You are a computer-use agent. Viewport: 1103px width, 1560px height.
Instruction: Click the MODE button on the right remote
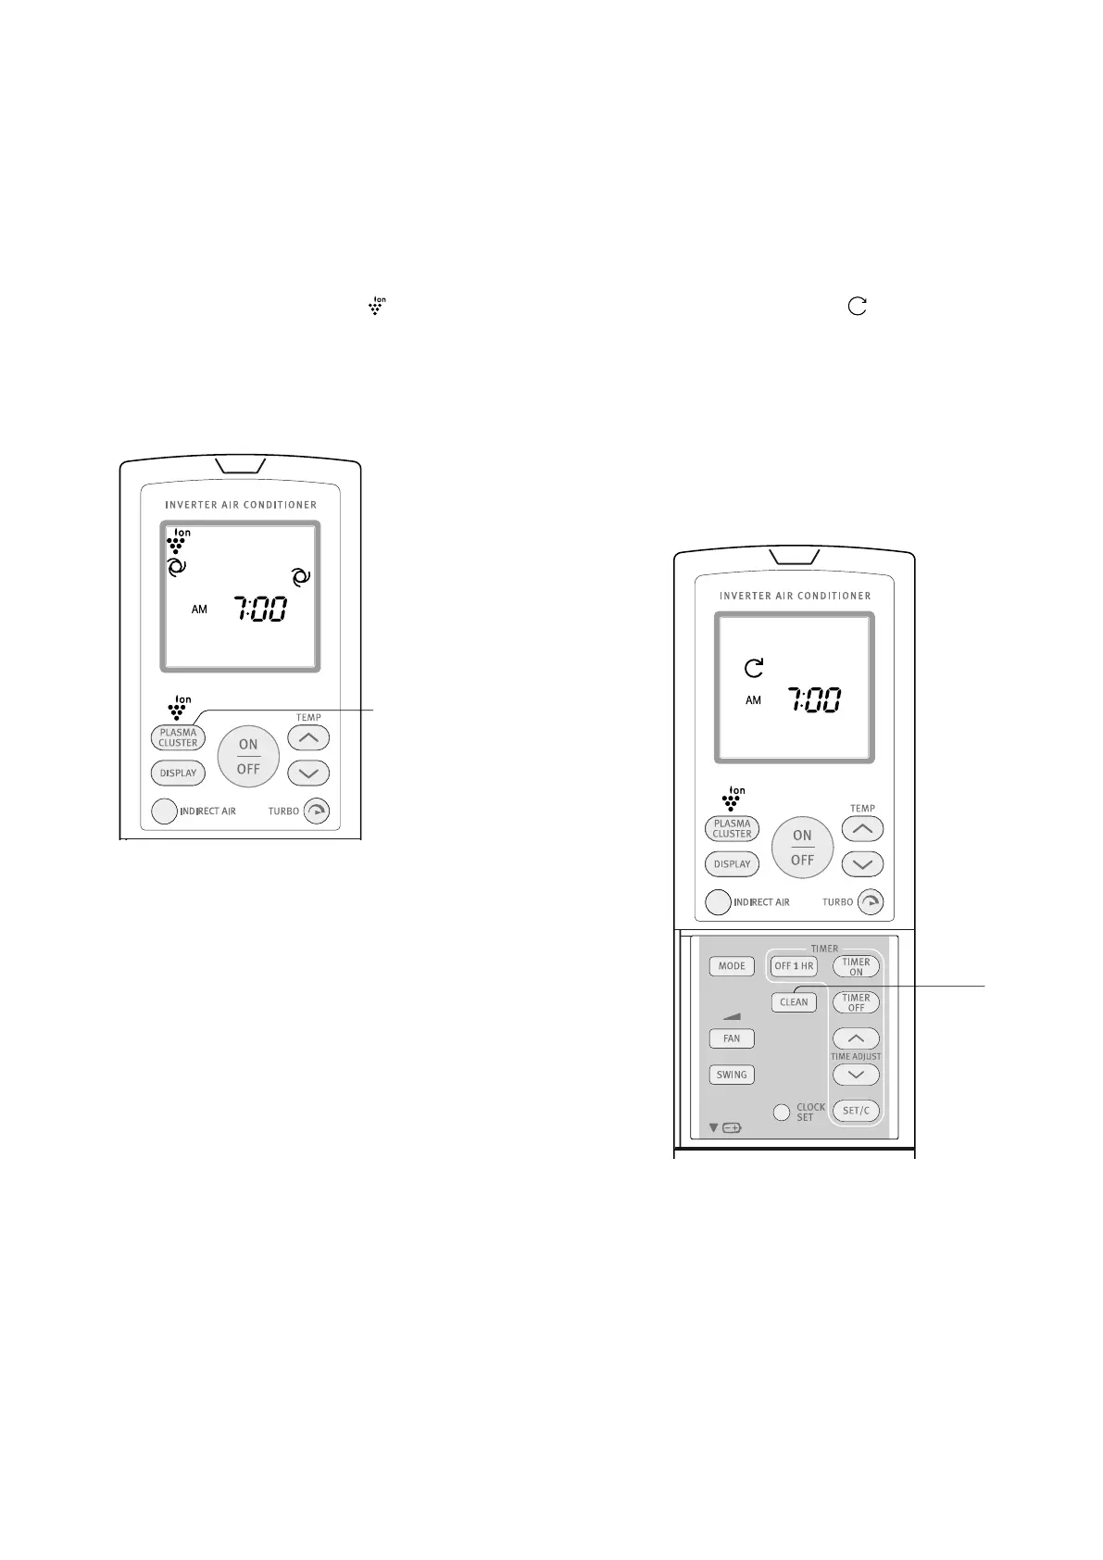point(732,966)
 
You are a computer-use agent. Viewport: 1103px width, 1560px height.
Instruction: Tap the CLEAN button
point(794,1002)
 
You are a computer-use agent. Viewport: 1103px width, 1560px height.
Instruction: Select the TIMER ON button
point(856,967)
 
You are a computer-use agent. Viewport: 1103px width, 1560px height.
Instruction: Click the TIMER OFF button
point(856,1003)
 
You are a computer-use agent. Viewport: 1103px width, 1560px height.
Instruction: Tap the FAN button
point(732,1038)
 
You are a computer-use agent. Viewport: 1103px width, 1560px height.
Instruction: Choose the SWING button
point(732,1075)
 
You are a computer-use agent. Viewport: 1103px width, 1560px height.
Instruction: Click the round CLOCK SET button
point(782,1112)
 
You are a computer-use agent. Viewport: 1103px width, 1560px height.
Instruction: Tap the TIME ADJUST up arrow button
point(856,1038)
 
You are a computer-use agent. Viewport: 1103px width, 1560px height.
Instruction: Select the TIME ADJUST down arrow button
point(856,1075)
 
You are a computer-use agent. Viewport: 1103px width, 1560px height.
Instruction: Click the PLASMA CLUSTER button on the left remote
point(178,737)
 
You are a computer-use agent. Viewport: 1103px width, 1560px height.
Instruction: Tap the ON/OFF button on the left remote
point(248,756)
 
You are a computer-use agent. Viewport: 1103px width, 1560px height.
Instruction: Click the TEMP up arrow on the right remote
point(862,829)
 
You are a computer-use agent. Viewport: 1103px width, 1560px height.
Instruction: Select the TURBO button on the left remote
point(317,811)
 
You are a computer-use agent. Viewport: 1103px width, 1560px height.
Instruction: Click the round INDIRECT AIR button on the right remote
point(718,902)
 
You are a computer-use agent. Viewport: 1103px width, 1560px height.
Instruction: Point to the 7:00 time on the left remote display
point(259,610)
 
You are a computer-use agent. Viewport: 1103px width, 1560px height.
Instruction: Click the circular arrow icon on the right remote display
point(755,667)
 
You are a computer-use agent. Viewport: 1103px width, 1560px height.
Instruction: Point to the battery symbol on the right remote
point(732,1128)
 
